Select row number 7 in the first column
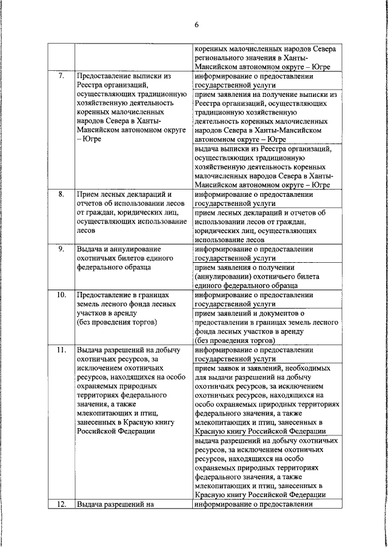pos(60,77)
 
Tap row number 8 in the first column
pos(60,195)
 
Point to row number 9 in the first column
pos(60,249)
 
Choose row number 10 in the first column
pos(60,295)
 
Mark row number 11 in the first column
pos(60,349)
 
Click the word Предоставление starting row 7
pos(105,78)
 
